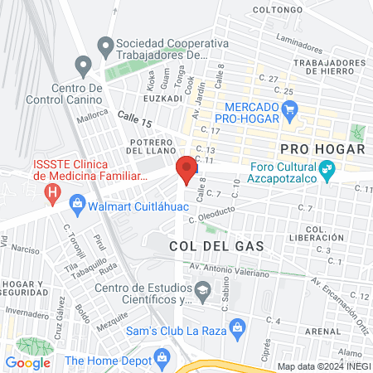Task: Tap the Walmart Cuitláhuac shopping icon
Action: click(77, 202)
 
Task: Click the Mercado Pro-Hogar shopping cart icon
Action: click(289, 108)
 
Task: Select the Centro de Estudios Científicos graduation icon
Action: click(202, 290)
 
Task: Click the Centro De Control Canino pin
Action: click(82, 64)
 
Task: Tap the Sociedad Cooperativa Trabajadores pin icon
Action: click(104, 44)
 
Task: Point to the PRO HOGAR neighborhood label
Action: click(322, 149)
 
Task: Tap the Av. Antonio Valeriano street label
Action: click(228, 269)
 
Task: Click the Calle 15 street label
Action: click(135, 121)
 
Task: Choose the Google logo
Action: click(28, 362)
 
